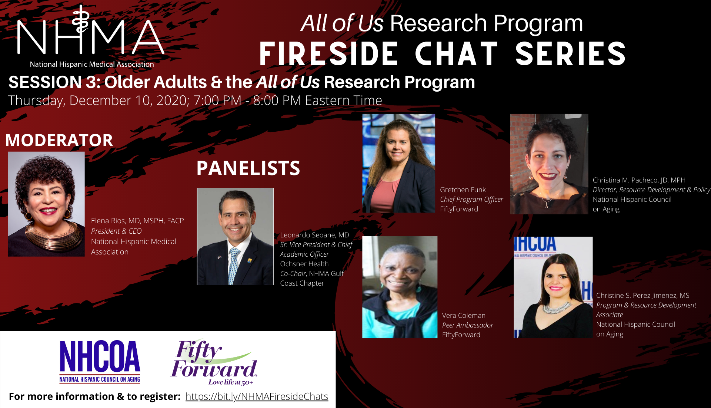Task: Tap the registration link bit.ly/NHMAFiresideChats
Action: click(257, 397)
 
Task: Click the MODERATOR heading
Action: click(59, 140)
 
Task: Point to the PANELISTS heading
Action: click(248, 168)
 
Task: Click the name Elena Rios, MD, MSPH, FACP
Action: click(137, 221)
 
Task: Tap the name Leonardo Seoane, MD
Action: click(314, 235)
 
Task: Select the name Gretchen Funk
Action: click(463, 190)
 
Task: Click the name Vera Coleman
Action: click(464, 315)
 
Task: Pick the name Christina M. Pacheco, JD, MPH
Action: click(639, 180)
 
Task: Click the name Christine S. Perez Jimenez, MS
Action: click(642, 296)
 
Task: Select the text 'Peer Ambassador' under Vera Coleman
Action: click(468, 325)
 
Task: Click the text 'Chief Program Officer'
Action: click(471, 200)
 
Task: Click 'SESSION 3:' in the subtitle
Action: click(54, 82)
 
